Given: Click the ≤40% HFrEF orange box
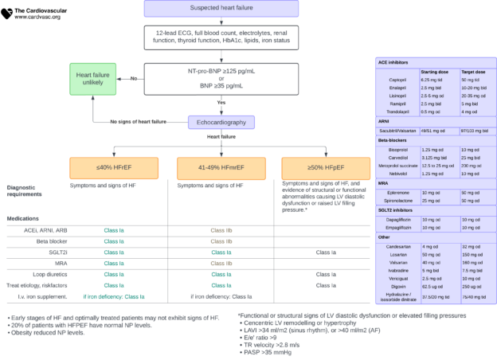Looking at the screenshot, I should [x=115, y=168].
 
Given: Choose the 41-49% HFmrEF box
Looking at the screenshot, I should [x=221, y=168].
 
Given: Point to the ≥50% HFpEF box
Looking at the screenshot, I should [x=326, y=168].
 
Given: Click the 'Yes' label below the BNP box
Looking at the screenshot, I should [x=221, y=102].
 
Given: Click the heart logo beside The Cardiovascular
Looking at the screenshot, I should [x=7, y=13].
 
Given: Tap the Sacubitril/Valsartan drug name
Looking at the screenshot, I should [x=396, y=129].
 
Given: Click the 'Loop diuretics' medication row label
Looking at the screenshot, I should [x=49, y=273].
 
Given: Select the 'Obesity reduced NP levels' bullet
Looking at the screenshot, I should [x=47, y=332].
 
